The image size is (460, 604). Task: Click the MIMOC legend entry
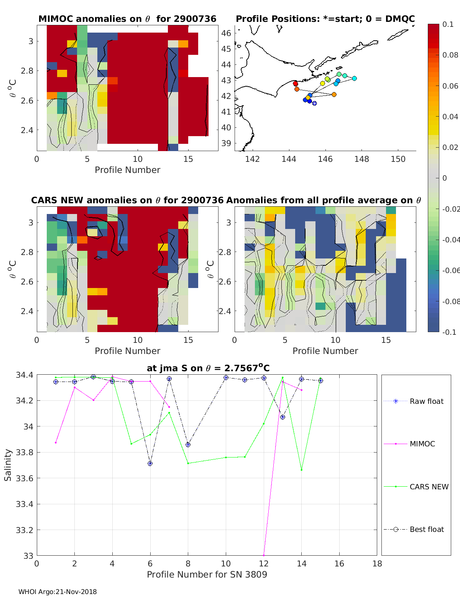[422, 444]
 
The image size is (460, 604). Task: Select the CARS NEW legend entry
[429, 487]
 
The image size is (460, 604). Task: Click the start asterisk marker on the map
[314, 103]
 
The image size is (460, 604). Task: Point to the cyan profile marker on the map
[354, 78]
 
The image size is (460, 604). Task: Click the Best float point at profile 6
[150, 464]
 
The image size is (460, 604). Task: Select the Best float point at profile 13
[283, 417]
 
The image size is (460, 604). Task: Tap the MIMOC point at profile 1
[56, 443]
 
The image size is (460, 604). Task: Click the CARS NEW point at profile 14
[302, 470]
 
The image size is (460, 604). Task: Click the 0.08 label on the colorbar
[450, 55]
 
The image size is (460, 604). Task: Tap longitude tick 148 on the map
[361, 159]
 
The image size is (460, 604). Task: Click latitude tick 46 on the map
[226, 33]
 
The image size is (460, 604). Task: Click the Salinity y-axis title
[8, 465]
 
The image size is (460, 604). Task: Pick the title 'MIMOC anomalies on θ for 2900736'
[127, 19]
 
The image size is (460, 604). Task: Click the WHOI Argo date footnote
[58, 592]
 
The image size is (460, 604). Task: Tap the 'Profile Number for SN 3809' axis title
[207, 574]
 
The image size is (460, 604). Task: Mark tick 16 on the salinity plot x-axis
[339, 563]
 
